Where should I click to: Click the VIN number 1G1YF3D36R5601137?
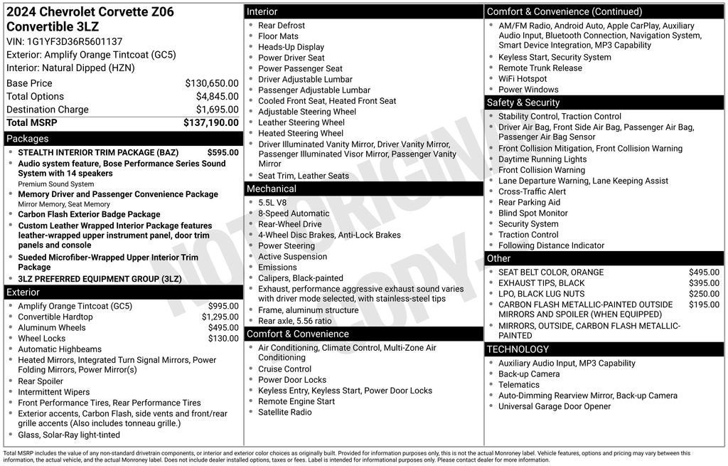coord(74,41)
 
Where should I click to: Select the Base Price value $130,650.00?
coord(212,83)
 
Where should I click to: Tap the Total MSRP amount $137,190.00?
coord(211,123)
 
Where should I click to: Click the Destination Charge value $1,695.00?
coord(218,110)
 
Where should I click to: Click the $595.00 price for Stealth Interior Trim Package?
coord(223,152)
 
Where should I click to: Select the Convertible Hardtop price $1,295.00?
coord(220,317)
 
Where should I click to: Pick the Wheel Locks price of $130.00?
coord(223,339)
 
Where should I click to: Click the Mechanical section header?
coord(271,189)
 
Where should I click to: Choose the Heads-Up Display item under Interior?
coord(291,47)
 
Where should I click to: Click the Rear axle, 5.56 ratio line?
coord(294,321)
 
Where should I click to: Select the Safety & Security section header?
coord(523,102)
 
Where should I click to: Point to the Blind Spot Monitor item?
coord(532,213)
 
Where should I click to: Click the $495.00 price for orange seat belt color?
coord(704,272)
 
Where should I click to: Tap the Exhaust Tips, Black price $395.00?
coord(704,283)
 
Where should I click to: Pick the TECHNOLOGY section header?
coord(518,349)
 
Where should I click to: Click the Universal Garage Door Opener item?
coord(555,406)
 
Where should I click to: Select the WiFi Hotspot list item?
coord(523,79)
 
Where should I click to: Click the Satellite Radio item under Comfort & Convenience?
coord(284,412)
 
